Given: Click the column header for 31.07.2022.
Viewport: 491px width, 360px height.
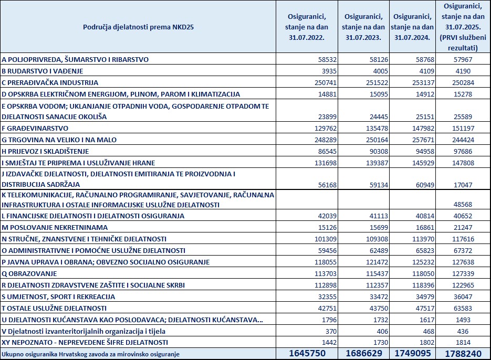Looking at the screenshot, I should click(x=305, y=27).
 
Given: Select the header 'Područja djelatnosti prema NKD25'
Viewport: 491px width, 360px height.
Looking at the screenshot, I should click(x=138, y=26).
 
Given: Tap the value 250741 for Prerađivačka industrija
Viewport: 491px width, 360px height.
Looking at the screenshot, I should click(x=326, y=82).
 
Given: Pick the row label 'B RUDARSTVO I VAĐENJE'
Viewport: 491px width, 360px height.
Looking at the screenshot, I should click(x=43, y=71).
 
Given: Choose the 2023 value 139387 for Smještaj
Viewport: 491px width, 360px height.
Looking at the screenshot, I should click(x=374, y=163).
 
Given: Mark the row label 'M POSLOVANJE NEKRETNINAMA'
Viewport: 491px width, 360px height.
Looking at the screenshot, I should click(x=55, y=227).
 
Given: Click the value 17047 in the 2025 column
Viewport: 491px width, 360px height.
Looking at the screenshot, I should click(x=464, y=184).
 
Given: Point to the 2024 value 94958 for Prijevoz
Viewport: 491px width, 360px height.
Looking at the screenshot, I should click(x=423, y=151).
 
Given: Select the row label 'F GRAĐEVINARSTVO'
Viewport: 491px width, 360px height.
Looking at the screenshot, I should click(x=35, y=128).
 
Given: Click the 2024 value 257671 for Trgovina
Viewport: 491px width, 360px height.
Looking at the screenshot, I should click(x=421, y=140).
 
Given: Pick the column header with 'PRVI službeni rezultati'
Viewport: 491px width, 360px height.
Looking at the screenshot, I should click(x=462, y=27).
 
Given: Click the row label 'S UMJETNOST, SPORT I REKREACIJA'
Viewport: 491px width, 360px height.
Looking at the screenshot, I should click(x=58, y=297).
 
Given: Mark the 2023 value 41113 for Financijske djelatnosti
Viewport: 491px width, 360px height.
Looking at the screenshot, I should click(x=374, y=216).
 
